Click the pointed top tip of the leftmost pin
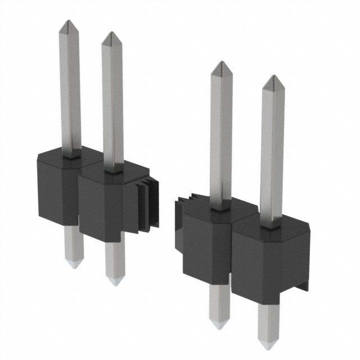(x=68, y=22)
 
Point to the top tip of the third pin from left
(x=222, y=62)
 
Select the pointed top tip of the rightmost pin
(x=273, y=76)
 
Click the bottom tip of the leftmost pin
(x=74, y=266)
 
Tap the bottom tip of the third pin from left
(x=218, y=326)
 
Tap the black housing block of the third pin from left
(x=205, y=242)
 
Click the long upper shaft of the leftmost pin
(x=70, y=90)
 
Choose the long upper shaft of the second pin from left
(x=112, y=101)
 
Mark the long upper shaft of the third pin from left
(x=221, y=135)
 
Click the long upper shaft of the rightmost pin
(x=272, y=152)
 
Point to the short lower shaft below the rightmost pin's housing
(x=267, y=323)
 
